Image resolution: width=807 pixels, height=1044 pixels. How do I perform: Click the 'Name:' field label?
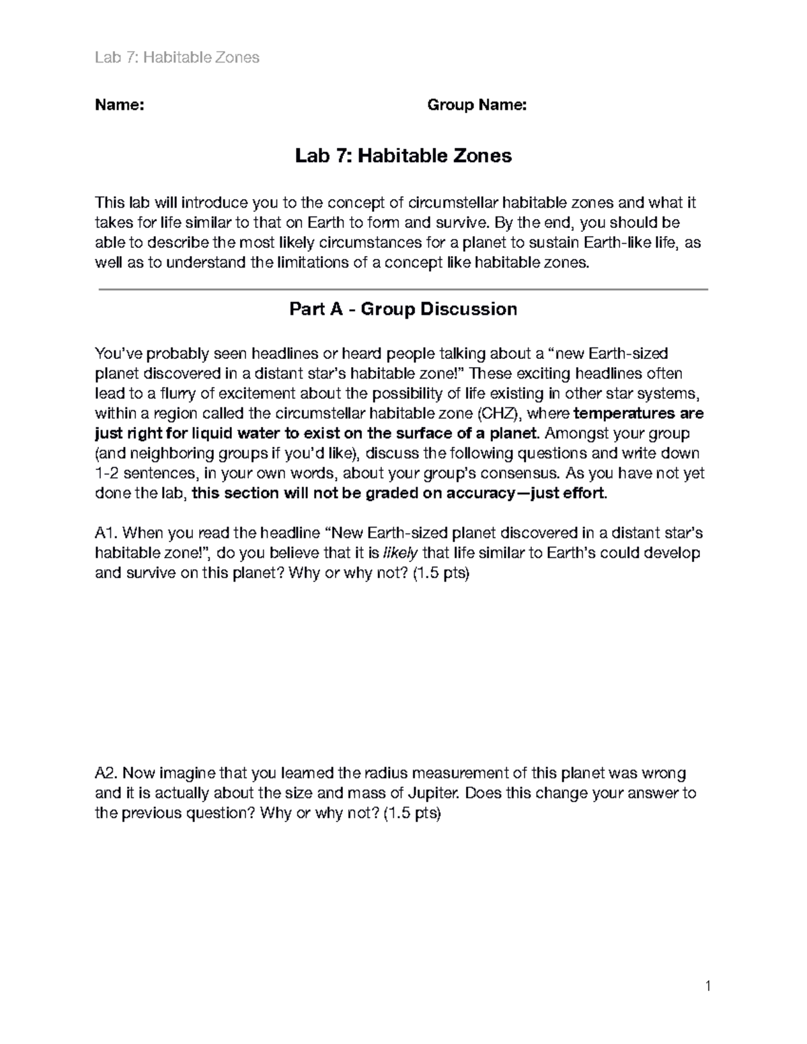click(119, 105)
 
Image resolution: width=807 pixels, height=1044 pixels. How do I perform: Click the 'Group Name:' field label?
click(477, 105)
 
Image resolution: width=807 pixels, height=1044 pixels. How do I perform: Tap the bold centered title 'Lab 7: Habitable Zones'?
click(403, 156)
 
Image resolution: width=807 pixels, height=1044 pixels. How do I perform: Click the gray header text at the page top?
click(177, 58)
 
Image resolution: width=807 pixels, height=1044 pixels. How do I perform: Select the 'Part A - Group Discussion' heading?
click(403, 309)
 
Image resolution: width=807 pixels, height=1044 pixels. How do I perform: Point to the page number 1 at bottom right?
click(707, 987)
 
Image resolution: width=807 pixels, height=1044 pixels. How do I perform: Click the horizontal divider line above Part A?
click(403, 289)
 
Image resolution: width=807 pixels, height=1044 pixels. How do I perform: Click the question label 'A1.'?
click(106, 534)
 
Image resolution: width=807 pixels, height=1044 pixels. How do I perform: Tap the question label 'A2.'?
click(106, 773)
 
